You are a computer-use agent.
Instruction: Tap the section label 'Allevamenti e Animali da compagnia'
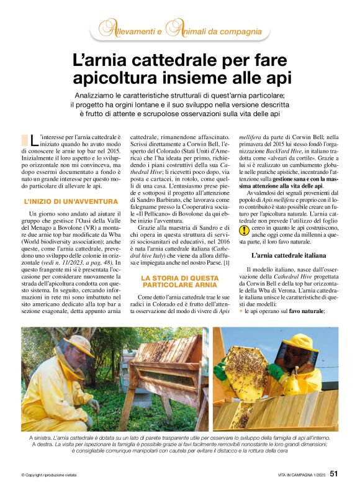click(180, 30)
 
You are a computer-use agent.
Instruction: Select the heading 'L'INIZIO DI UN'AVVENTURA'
click(70, 201)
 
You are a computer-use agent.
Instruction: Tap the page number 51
click(333, 473)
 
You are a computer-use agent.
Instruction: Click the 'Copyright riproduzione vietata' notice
click(50, 475)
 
